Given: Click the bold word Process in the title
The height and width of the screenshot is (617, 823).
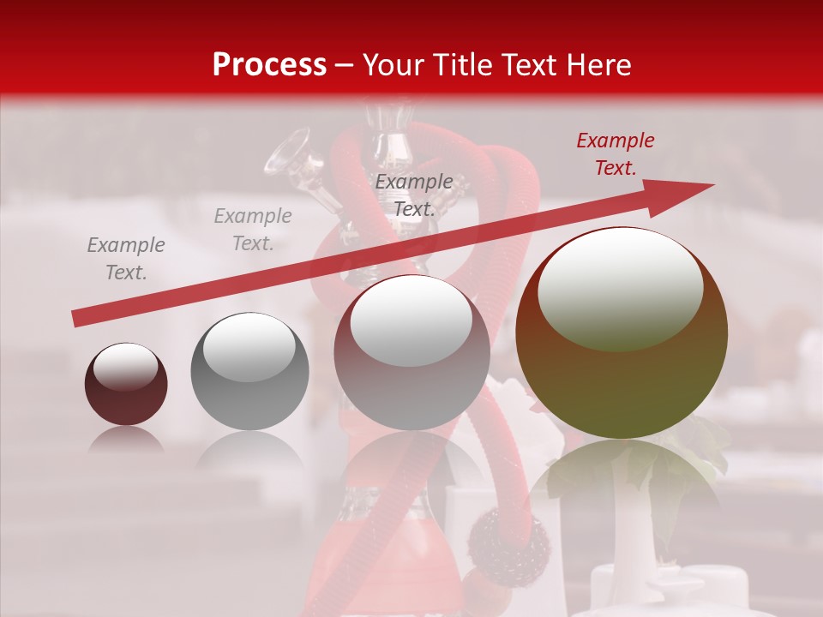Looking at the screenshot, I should click(x=269, y=64).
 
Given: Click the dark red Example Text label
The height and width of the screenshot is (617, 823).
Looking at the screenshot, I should click(x=615, y=154).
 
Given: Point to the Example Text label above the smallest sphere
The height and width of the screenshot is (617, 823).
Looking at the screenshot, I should click(x=126, y=259).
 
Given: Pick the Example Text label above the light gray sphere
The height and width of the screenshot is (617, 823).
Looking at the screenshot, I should click(x=253, y=230).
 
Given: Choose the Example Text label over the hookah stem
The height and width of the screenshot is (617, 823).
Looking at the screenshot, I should click(x=414, y=195).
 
